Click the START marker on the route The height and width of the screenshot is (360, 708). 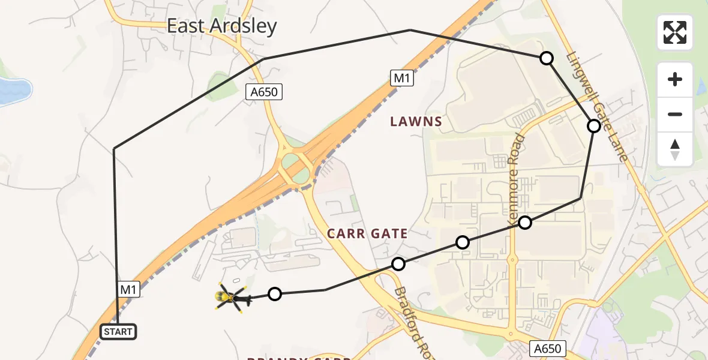118,332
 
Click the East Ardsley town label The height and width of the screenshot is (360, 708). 221,26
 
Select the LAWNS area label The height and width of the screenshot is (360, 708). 416,122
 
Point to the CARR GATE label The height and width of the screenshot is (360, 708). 367,233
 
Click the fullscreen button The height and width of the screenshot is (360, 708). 675,32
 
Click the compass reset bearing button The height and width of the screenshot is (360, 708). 675,149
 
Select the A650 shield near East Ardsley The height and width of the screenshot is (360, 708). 264,92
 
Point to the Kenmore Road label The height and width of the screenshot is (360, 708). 517,180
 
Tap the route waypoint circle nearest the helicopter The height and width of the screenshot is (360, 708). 274,294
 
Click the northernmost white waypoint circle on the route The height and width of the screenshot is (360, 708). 546,58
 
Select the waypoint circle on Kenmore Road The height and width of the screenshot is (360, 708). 525,223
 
